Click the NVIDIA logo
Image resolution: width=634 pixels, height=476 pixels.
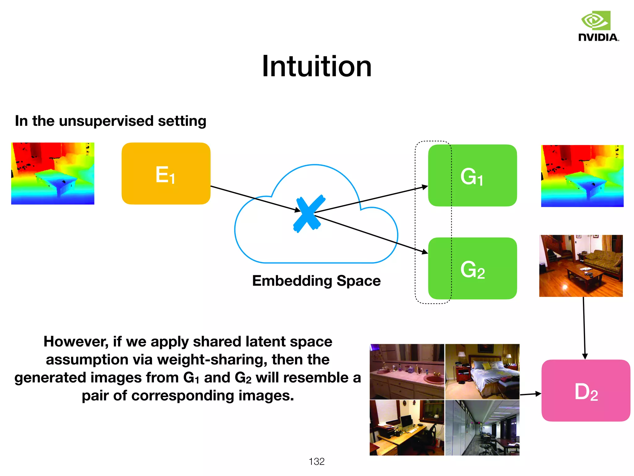point(598,27)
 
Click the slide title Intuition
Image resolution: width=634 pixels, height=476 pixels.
point(316,66)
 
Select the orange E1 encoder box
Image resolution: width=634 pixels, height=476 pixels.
point(166,174)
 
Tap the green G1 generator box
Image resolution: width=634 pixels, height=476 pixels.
point(472,175)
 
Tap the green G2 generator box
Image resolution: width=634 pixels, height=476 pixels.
point(472,268)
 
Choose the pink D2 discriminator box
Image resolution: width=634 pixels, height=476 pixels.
point(586,390)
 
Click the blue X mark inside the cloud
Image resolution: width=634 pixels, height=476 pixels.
point(309,214)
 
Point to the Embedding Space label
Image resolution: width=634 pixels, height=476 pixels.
point(316,281)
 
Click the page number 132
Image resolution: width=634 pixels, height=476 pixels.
point(316,461)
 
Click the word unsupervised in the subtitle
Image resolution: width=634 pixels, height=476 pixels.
point(106,121)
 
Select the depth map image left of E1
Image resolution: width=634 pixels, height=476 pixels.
point(53,174)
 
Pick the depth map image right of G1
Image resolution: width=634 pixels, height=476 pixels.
point(582,176)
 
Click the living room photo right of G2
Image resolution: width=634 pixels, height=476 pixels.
point(581,266)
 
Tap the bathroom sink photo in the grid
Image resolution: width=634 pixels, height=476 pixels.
point(407,372)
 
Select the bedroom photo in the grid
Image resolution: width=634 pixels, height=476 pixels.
point(482,372)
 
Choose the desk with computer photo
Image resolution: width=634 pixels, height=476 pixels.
point(407,428)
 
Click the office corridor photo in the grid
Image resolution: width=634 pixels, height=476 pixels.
point(482,428)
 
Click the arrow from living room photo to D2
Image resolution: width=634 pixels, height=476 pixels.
point(584,328)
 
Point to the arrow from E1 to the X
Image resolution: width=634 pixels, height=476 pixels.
point(254,198)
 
